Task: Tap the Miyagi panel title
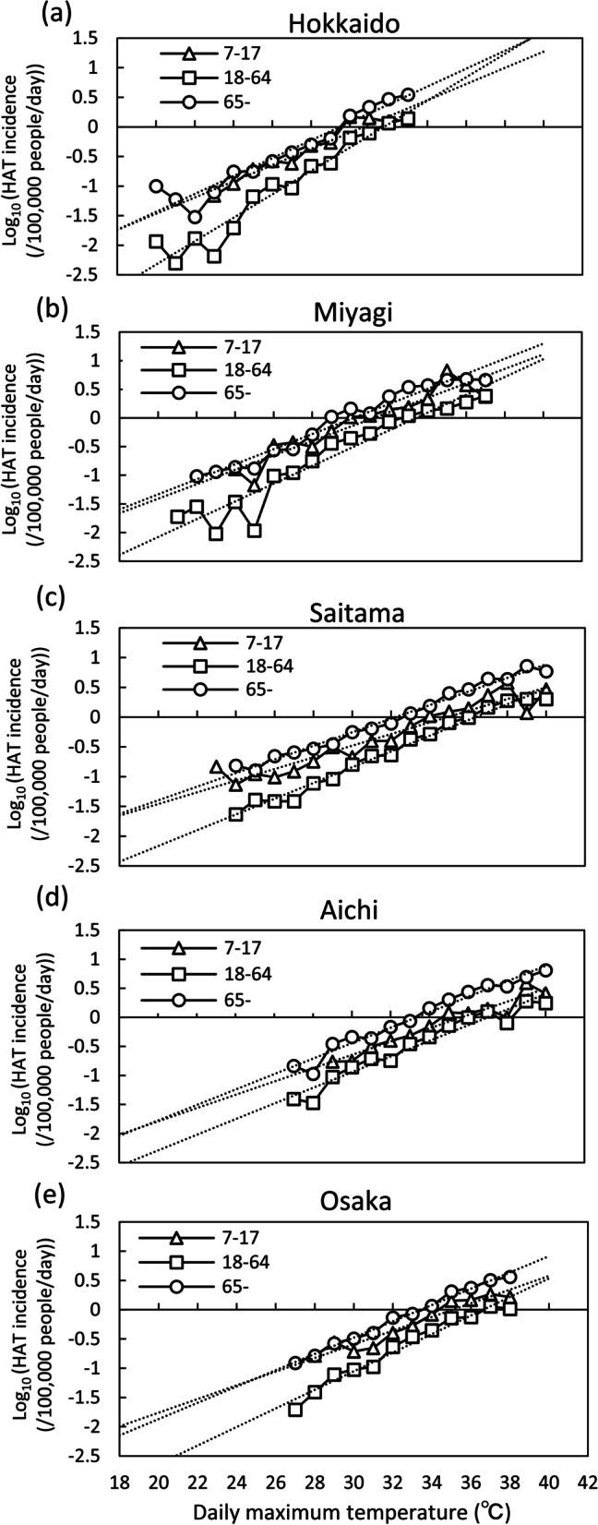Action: point(354,312)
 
